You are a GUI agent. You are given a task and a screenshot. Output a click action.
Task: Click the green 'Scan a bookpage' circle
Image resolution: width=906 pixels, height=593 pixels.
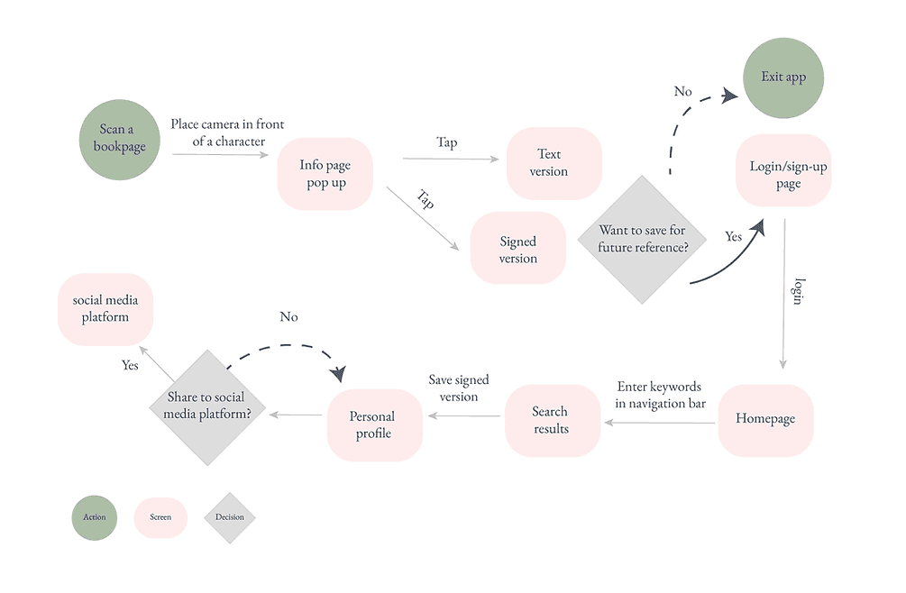[x=119, y=139]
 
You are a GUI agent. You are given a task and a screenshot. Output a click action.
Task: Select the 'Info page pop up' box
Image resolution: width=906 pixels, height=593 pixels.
[x=325, y=174]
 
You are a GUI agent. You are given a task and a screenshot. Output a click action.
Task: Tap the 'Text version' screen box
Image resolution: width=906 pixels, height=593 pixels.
[x=554, y=163]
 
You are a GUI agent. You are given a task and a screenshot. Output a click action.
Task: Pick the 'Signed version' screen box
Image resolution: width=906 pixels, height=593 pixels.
[x=518, y=250]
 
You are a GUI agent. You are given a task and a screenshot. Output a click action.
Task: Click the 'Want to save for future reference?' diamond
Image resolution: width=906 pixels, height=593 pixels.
[x=643, y=240]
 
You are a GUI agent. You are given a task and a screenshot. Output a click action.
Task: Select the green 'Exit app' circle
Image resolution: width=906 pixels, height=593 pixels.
[x=783, y=78]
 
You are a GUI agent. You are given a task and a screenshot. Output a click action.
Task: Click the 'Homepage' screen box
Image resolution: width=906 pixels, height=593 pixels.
[x=765, y=419]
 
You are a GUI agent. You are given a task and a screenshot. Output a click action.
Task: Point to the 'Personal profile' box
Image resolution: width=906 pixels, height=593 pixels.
[x=373, y=425]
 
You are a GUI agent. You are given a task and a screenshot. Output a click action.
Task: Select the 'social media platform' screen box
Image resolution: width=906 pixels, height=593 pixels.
[x=105, y=309]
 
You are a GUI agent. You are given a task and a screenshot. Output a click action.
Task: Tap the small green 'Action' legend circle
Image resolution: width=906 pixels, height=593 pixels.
[x=95, y=517]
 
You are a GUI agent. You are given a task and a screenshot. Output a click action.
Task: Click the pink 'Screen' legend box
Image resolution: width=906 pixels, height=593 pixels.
[x=161, y=517]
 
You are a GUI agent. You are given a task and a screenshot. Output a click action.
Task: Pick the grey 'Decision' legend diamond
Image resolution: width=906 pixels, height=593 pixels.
[x=230, y=517]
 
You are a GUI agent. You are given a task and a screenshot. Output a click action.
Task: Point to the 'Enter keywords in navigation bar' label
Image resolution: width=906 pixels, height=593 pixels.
[x=660, y=395]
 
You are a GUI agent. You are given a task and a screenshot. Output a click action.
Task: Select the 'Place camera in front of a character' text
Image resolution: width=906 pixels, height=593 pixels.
[x=227, y=132]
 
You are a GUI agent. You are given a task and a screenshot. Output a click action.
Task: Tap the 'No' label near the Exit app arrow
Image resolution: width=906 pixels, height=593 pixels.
[x=683, y=91]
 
